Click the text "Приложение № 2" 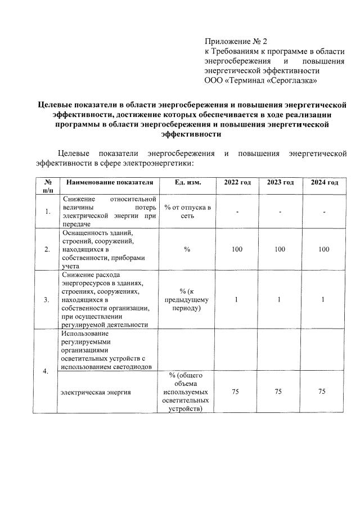tap(237, 41)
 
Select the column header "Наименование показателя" tap(109, 183)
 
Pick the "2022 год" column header tap(237, 183)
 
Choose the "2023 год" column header tap(280, 183)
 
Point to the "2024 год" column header tap(324, 183)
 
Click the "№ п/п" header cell tap(47, 187)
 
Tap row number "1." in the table tap(47, 212)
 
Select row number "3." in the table tap(47, 299)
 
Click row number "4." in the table tap(47, 371)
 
